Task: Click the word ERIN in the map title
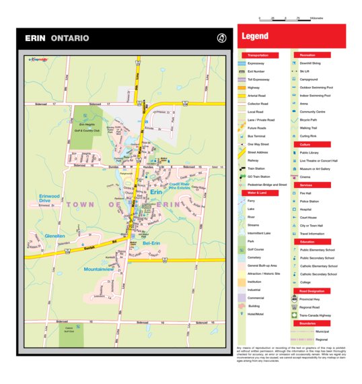[36, 38]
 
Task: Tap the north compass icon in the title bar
[221, 38]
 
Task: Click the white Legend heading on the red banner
[255, 36]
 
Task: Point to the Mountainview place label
[99, 269]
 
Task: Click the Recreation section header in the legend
[308, 55]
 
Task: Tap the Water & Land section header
[258, 193]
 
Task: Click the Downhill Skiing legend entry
[310, 63]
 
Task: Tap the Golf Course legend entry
[256, 249]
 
